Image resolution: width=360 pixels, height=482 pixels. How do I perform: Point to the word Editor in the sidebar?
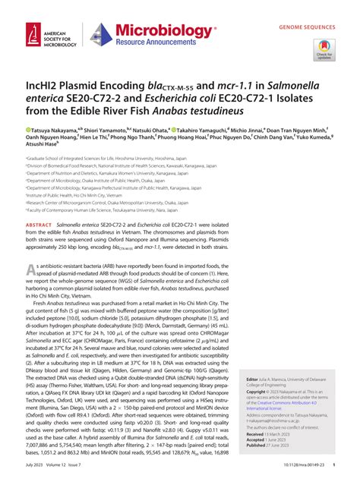[x=251, y=378]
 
